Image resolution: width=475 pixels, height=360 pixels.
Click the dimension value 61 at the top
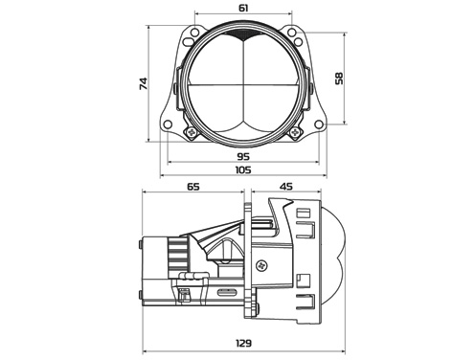coord(243,8)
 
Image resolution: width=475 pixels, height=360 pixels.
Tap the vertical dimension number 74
coord(144,83)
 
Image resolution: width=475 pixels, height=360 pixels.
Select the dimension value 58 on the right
coord(339,79)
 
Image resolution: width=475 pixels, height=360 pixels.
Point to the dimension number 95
coord(243,156)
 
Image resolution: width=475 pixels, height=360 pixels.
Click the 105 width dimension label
coord(243,169)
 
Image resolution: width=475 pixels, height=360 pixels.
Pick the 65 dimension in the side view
coord(193,186)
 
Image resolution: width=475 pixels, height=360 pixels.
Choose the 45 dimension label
coord(285,186)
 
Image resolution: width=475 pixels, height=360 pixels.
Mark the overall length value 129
coord(244,343)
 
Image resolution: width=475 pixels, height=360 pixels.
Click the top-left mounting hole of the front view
coord(194,33)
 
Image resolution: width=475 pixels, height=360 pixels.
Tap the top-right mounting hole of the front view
coord(292,33)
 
